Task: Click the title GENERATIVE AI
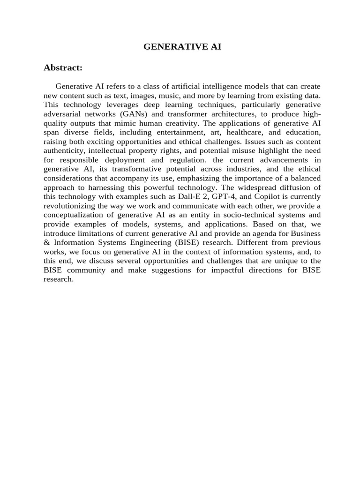coord(182,47)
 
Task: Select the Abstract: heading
coord(63,68)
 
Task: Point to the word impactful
coord(225,271)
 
